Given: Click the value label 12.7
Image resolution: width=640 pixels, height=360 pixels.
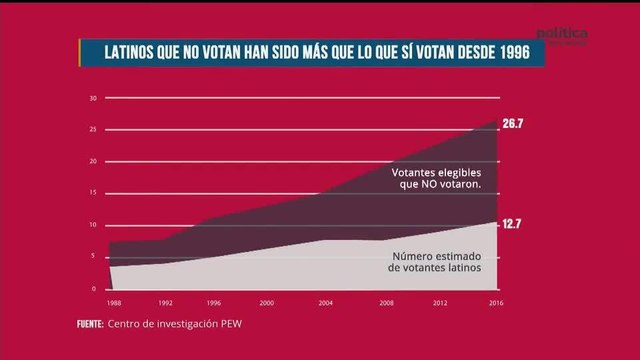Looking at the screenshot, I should coord(512,224).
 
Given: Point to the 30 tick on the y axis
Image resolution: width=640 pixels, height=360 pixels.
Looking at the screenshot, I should coord(93,98).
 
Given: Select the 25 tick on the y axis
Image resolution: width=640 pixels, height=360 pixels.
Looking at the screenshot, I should coord(93,130).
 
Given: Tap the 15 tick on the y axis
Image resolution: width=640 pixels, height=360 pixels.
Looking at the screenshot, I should coord(93,193).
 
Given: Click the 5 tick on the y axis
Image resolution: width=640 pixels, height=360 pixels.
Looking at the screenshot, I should coord(95,257).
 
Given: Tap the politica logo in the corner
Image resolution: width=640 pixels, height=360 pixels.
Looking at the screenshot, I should coord(562,35).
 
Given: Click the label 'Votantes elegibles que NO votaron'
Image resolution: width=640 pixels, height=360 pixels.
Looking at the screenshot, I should coord(437,178).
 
